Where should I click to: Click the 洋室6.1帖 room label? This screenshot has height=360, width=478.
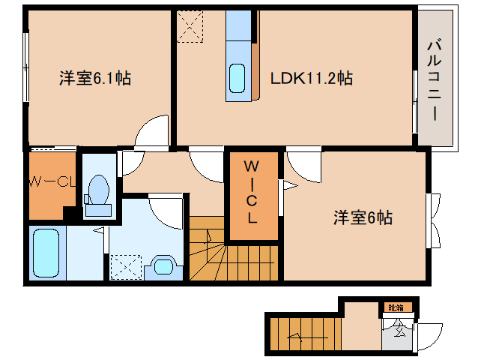coord(95,78)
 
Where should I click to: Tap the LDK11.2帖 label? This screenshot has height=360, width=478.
coord(310,77)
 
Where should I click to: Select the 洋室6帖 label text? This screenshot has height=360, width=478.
coord(363,218)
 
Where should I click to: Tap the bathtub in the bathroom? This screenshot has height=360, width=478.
coord(47,252)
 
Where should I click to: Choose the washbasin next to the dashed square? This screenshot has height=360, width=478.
coord(162,265)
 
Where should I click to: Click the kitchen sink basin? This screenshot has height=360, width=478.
coord(236,77)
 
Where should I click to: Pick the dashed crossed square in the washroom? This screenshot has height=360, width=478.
coord(124,266)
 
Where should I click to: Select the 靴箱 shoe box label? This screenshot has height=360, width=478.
coord(395,307)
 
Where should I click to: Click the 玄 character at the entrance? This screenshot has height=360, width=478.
coord(398,328)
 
